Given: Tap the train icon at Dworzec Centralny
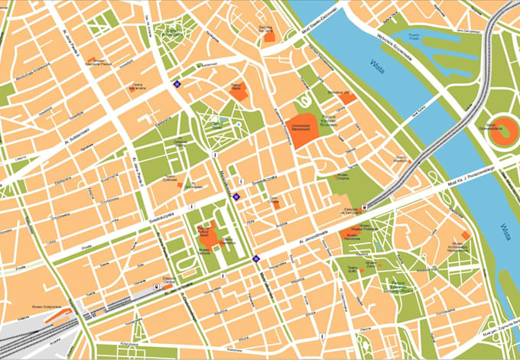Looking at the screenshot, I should click(157, 287).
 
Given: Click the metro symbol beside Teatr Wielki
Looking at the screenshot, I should click(178, 85).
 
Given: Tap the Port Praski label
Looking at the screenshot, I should click(414, 35).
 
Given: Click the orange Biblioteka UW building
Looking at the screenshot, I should click(348, 98).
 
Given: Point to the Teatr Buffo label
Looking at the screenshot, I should click(353, 268).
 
